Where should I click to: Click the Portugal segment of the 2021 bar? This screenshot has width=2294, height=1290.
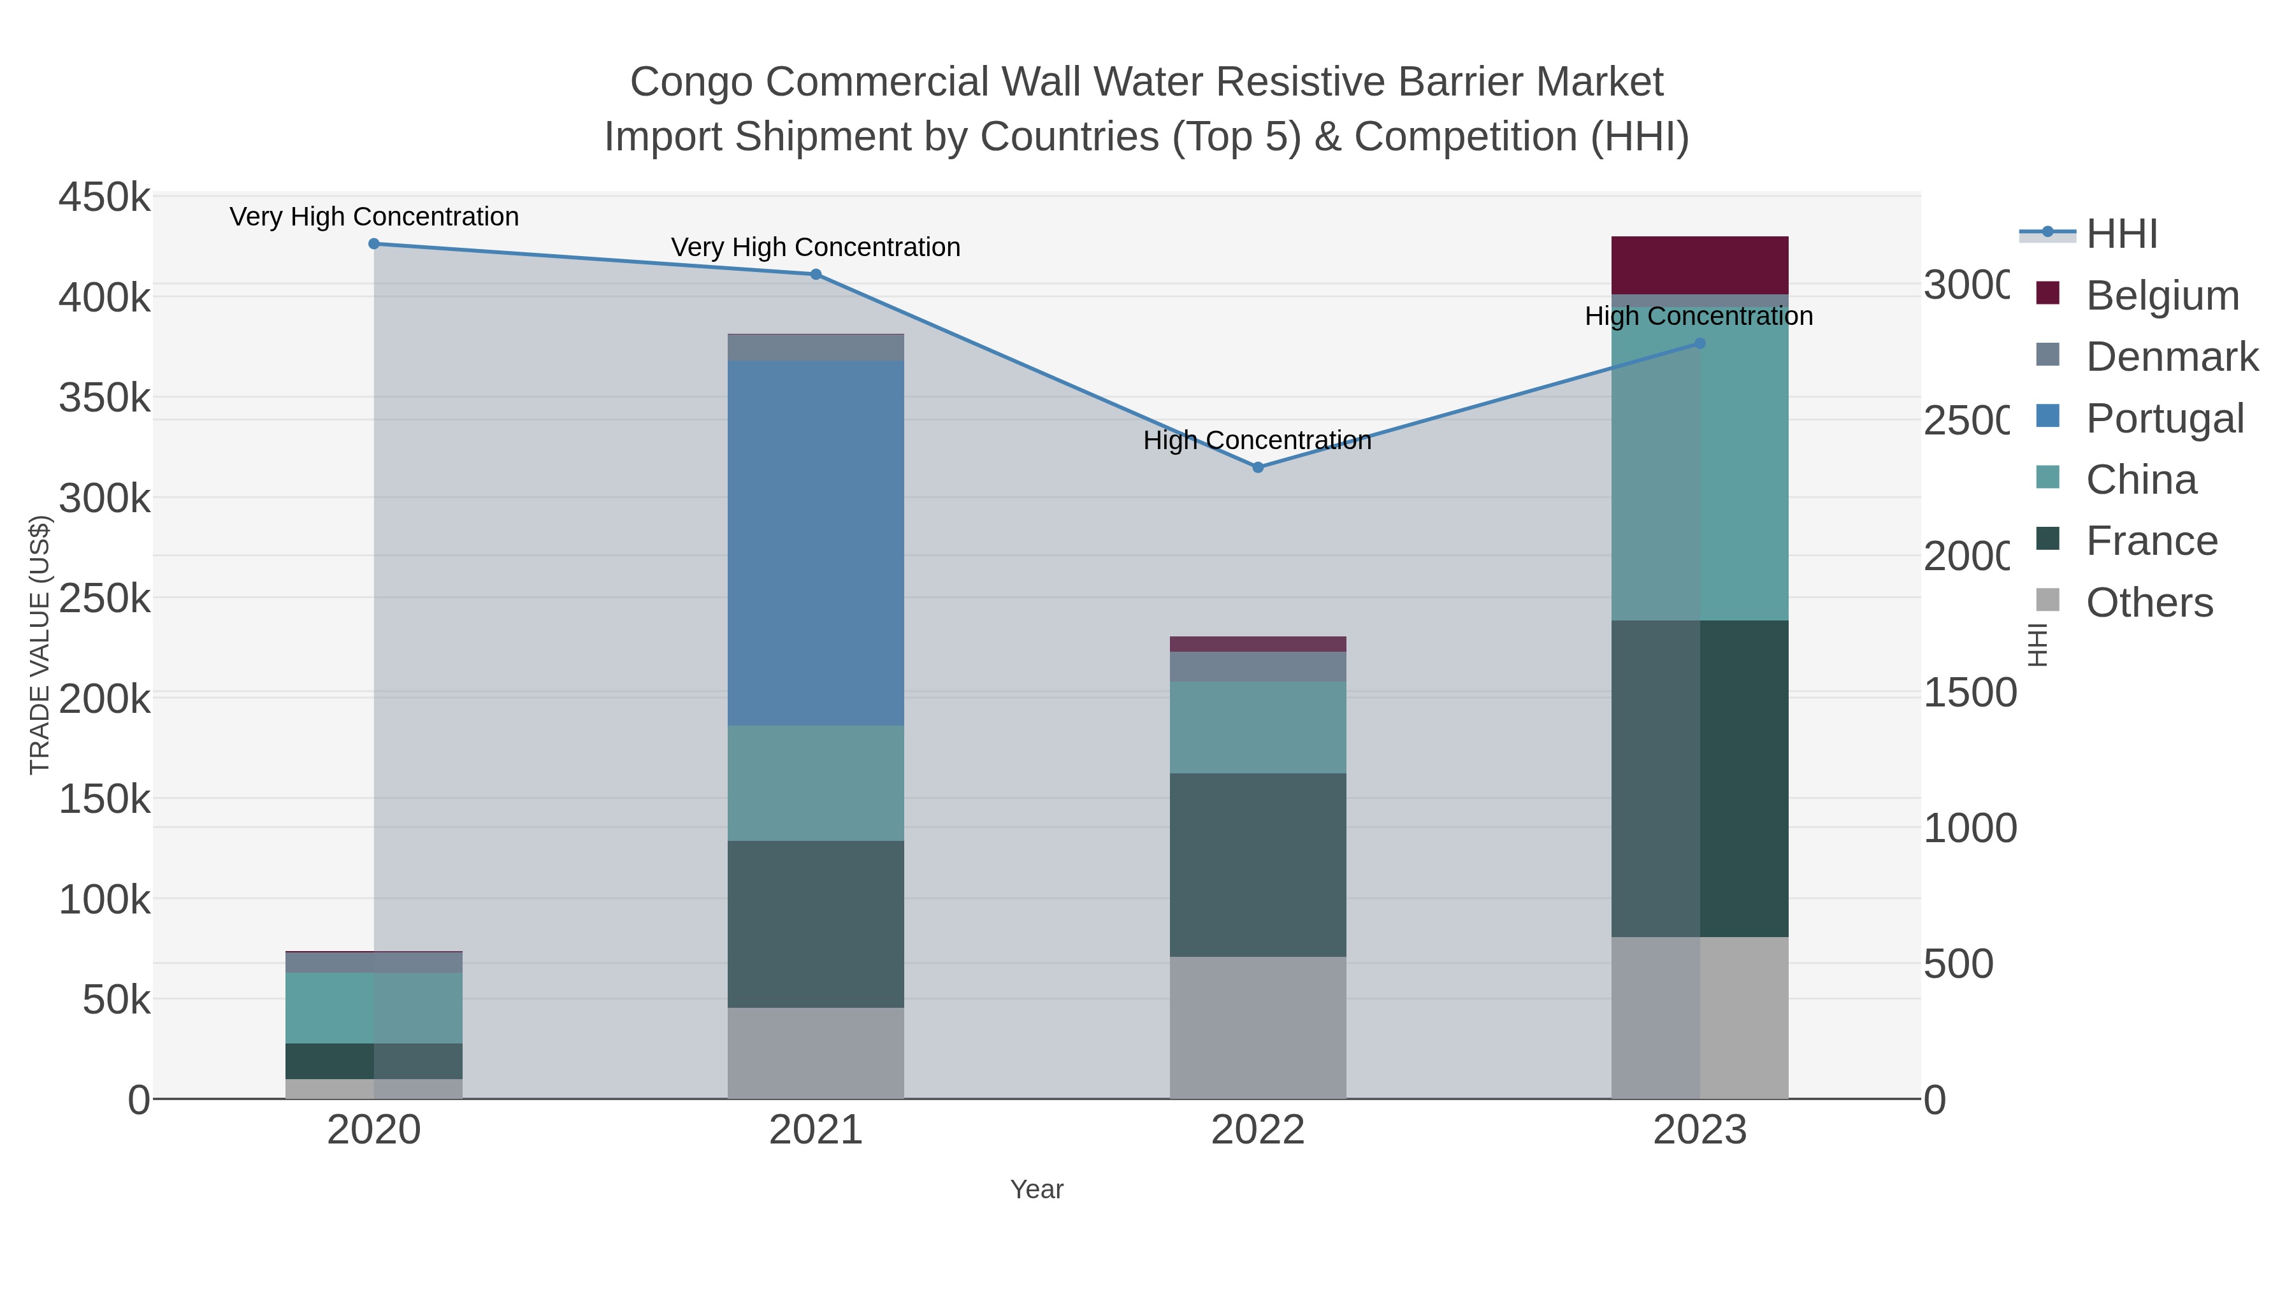tap(816, 542)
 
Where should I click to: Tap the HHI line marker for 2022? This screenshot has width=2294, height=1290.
tap(1257, 468)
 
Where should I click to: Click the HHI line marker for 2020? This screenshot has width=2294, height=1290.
tap(374, 244)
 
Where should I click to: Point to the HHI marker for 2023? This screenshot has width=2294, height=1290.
tap(1699, 343)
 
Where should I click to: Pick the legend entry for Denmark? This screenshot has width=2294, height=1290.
tap(2171, 357)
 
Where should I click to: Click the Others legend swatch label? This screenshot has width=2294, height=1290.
tap(2149, 603)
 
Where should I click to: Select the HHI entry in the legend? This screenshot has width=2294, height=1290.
tap(2121, 234)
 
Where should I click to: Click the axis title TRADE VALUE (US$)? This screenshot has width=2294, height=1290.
tap(40, 645)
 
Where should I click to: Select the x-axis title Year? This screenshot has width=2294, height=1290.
tap(1037, 1189)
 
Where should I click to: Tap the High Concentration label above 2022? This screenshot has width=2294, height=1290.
tap(1257, 441)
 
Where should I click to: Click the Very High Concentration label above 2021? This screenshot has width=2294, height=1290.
tap(816, 248)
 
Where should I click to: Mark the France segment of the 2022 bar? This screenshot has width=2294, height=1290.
tap(1257, 864)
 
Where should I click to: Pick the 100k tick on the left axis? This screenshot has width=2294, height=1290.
tap(105, 900)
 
